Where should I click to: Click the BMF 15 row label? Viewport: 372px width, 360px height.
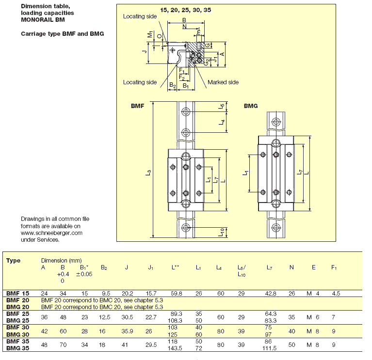(18, 293)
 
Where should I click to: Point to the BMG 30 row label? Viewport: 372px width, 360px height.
(18, 334)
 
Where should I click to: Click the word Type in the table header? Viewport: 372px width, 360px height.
(14, 261)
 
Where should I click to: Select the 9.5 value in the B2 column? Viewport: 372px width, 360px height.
(105, 293)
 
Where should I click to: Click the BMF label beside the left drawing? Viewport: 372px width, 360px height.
(137, 106)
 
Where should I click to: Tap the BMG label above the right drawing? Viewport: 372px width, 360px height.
(251, 106)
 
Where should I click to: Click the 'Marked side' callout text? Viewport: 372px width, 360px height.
(223, 82)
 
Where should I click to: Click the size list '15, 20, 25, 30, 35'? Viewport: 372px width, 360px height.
(186, 10)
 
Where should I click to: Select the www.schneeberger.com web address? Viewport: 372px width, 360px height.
(52, 233)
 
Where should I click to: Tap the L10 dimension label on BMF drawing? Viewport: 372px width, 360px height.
(222, 232)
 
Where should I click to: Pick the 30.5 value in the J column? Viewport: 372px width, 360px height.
(126, 317)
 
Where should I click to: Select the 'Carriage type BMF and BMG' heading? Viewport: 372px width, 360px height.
(63, 34)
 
